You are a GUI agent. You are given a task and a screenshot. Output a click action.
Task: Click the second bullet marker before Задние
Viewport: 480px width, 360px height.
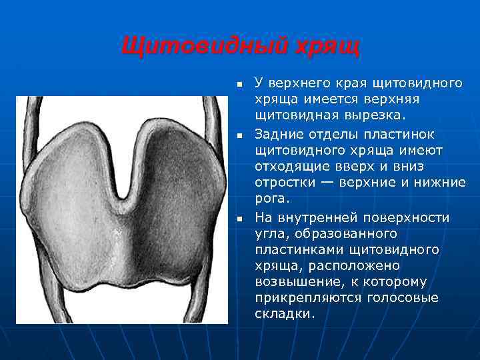click(x=239, y=136)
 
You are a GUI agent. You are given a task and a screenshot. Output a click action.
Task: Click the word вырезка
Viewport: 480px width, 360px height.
click(x=369, y=116)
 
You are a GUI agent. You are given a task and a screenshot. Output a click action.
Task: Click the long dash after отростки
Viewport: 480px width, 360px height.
click(x=331, y=183)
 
